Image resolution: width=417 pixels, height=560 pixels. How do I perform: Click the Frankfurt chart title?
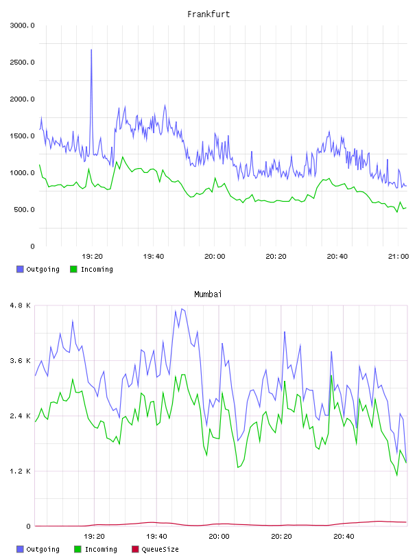pos(208,14)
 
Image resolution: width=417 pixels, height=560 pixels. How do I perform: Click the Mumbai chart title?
pos(208,294)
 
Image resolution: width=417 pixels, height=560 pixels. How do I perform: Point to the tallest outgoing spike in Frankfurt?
pos(91,50)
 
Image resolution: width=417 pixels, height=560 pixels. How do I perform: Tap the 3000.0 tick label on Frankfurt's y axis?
pos(22,25)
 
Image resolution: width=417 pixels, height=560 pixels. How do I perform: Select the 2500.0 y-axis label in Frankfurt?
pos(22,62)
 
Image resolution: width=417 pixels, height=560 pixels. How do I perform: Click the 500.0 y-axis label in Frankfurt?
pos(24,209)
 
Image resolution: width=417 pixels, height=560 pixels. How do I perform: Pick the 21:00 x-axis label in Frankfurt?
pos(398,257)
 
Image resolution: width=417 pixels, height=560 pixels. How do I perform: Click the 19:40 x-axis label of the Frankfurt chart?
pos(154,257)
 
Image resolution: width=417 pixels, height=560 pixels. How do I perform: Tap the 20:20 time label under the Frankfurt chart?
pos(276,257)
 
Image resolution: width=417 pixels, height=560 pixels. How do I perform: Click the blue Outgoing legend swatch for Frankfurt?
pos(20,269)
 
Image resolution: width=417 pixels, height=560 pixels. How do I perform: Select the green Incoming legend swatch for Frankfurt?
pos(73,269)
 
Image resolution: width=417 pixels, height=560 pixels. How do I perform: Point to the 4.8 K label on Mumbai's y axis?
pos(21,305)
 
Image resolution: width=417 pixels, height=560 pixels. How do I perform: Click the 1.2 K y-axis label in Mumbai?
pos(21,471)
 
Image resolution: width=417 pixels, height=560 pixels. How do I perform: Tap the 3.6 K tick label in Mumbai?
pos(21,361)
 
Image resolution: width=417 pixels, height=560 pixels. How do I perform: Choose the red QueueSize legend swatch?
pos(135,549)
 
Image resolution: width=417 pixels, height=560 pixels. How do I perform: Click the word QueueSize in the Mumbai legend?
pos(160,549)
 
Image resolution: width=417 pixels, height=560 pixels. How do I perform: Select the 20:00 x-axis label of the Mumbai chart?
pos(219,537)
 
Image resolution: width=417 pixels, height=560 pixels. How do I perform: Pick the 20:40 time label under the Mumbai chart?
pos(344,537)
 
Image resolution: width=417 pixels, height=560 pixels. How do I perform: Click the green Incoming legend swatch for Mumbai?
pos(78,549)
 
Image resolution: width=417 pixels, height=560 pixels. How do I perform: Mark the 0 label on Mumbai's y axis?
pos(29,526)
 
